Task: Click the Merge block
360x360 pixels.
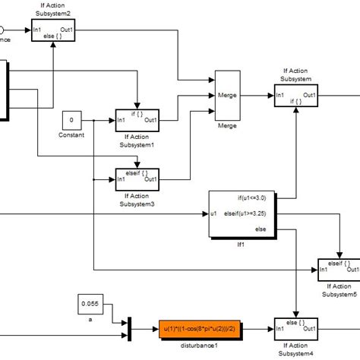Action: coord(228,96)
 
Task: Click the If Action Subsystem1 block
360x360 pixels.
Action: coord(137,119)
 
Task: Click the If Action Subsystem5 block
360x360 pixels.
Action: coord(339,267)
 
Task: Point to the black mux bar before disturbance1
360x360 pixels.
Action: coord(129,329)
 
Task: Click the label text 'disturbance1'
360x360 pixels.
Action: coord(197,346)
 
